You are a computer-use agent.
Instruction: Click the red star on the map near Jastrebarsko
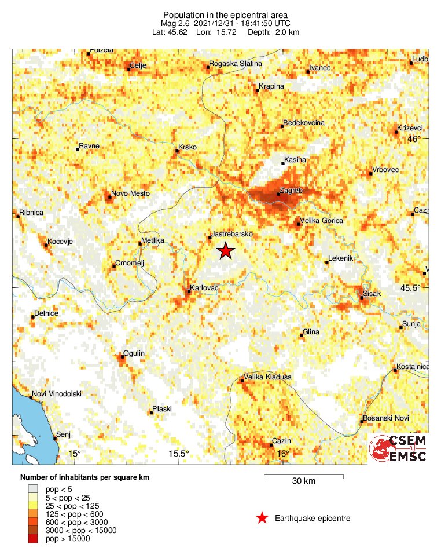(x=225, y=250)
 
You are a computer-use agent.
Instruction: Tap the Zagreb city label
(x=291, y=189)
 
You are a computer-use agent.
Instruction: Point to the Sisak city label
(x=372, y=294)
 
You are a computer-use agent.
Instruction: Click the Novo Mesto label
(x=130, y=193)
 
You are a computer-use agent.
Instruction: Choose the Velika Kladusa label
(x=267, y=377)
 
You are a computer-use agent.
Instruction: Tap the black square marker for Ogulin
(x=122, y=358)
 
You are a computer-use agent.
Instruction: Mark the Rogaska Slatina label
(x=236, y=63)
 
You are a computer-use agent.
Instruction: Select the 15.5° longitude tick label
(x=179, y=453)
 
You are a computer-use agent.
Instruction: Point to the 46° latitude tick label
(x=413, y=139)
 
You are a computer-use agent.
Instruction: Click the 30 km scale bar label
(x=303, y=481)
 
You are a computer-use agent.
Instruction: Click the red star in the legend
(x=262, y=518)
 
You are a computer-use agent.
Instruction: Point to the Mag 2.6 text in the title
(x=177, y=23)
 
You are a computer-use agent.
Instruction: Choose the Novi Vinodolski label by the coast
(x=57, y=394)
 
